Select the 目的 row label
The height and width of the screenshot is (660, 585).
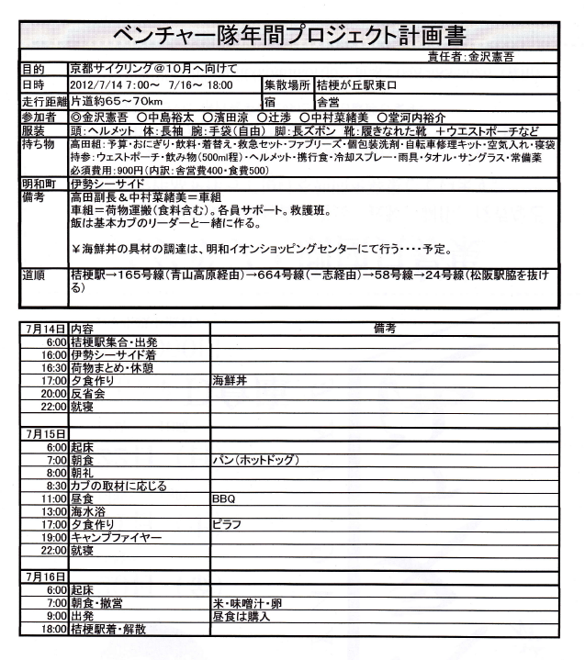(35, 70)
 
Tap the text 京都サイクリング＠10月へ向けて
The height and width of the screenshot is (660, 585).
(146, 70)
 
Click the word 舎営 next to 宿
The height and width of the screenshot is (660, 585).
(327, 100)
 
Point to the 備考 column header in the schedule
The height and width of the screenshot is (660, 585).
(384, 326)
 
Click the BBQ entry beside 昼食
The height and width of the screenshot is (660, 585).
(224, 498)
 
